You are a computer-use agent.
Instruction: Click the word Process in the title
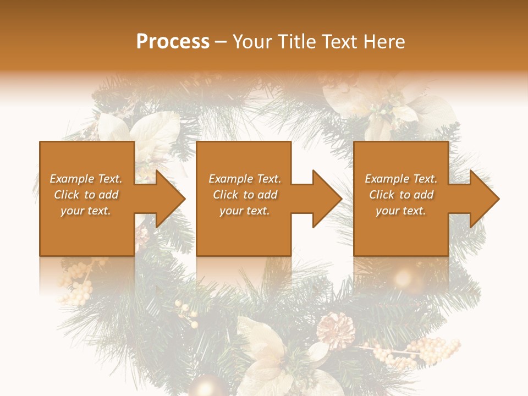point(173,42)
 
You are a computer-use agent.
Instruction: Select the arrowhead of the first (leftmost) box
point(168,199)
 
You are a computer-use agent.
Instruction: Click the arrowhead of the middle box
point(326,199)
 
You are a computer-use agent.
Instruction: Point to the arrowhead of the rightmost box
point(483,199)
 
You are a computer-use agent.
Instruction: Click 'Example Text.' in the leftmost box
point(86,179)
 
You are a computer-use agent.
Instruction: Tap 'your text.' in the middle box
point(244,211)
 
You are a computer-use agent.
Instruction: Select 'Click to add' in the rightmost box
point(401,195)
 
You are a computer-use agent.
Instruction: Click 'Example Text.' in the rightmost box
point(401,179)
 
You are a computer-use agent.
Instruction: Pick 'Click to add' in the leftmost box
point(86,195)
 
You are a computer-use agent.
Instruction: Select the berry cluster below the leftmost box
point(77,283)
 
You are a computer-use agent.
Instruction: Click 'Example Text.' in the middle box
point(244,179)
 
